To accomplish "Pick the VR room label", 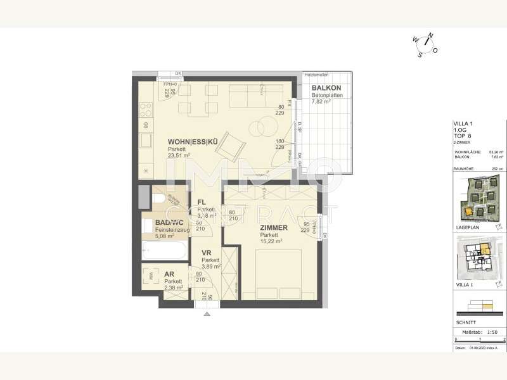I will tap(206, 252).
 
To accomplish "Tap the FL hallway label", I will tap(202, 203).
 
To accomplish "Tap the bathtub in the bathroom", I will tap(164, 250).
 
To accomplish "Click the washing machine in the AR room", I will tap(151, 276).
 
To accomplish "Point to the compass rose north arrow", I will tap(428, 45).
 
